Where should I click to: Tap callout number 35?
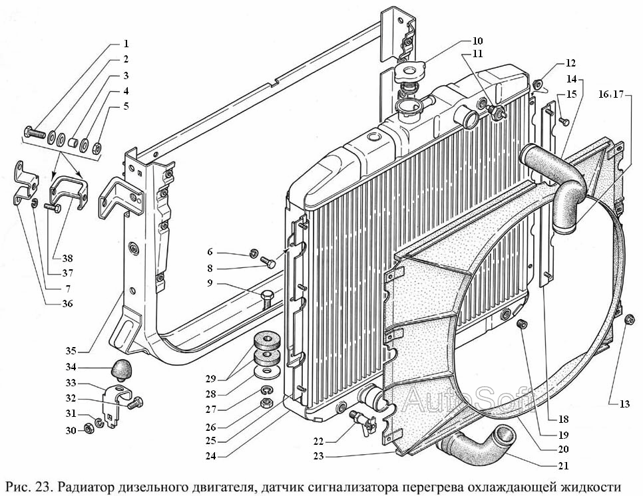tap(71, 351)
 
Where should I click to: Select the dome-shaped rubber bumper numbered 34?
tap(121, 368)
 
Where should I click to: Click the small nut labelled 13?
tap(630, 318)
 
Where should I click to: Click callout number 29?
tap(212, 378)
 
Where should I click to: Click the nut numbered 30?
tap(87, 428)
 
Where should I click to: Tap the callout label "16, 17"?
tap(610, 94)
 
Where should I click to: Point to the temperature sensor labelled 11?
tap(497, 111)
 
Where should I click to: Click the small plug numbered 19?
tap(523, 324)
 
